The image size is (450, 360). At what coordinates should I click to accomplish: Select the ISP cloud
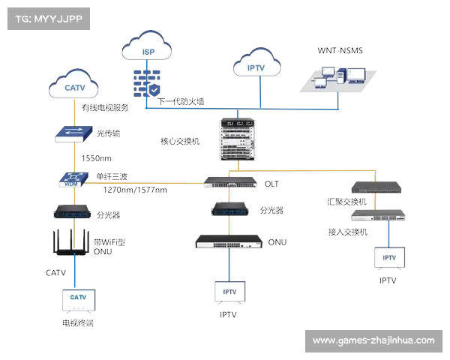148,50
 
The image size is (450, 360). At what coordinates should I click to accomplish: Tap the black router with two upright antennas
73,242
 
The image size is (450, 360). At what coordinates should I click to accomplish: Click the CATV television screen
78,299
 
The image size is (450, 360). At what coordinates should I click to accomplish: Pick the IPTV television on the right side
388,258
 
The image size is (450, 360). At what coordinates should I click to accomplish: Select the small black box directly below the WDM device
73,212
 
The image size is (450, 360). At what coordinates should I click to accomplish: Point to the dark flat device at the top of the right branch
374,188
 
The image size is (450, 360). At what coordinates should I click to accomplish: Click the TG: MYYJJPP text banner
47,19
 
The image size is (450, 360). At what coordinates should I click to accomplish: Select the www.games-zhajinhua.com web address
373,340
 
